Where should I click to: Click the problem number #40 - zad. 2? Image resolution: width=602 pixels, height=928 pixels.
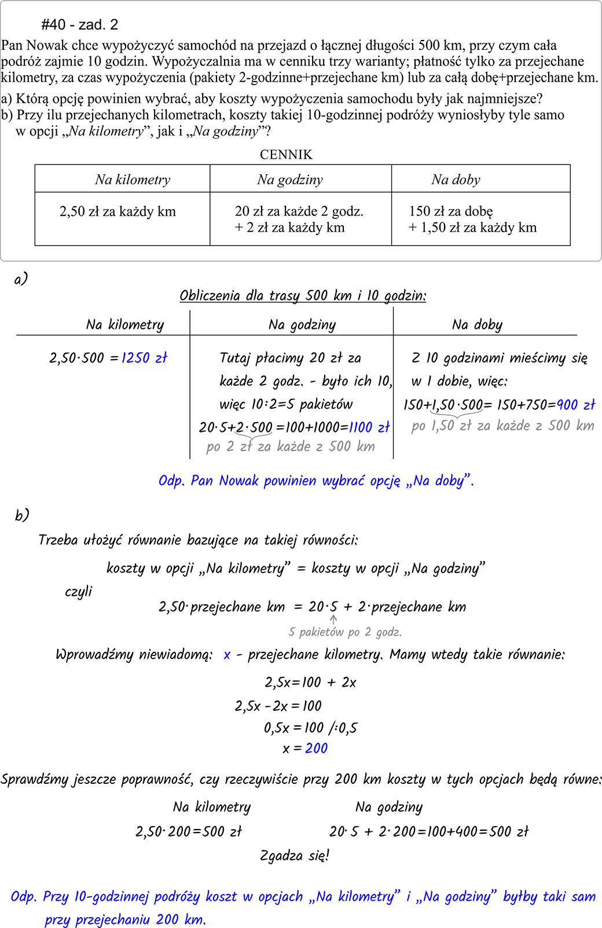tap(80, 24)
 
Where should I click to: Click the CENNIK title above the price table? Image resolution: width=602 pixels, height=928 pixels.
tap(286, 155)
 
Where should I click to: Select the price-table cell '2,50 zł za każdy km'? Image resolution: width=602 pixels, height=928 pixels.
tap(118, 212)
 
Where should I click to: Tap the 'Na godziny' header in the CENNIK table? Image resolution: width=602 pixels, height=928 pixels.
tap(290, 179)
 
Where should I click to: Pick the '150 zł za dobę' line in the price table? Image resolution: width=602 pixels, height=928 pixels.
tap(451, 211)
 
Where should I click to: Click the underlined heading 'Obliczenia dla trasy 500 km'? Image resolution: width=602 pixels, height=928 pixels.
tap(303, 296)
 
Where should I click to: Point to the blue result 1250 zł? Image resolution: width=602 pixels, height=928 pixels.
tap(144, 358)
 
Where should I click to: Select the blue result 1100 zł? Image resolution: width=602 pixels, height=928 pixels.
tap(369, 428)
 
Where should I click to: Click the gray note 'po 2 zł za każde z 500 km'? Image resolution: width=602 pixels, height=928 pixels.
tap(291, 447)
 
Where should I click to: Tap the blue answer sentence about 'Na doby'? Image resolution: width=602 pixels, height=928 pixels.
tap(316, 481)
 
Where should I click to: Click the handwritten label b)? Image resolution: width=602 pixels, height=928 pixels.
tap(22, 515)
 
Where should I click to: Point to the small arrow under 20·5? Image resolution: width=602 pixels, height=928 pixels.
tap(333, 619)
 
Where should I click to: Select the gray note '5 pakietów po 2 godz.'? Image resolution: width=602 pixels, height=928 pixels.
tap(345, 632)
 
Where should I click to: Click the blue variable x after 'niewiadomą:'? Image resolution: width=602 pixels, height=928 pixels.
tap(227, 655)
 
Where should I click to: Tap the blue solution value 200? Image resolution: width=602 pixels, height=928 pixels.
tap(317, 749)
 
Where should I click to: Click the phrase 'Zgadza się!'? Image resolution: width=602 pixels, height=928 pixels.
tap(295, 856)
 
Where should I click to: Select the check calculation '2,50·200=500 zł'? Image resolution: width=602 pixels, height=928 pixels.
tap(189, 832)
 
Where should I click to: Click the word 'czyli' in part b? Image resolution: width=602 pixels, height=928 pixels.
tap(79, 592)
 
